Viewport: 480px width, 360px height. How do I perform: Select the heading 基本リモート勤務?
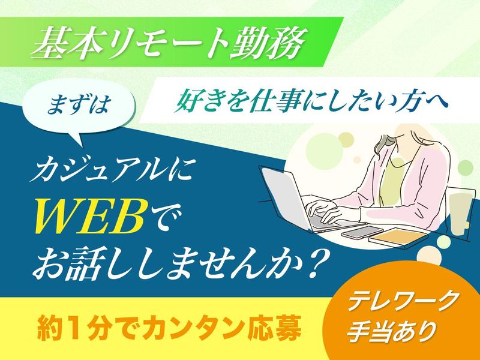pyautogui.click(x=169, y=43)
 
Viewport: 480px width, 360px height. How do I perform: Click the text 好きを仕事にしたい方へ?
pyautogui.click(x=311, y=101)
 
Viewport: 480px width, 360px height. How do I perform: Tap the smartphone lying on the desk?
pyautogui.click(x=362, y=232)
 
